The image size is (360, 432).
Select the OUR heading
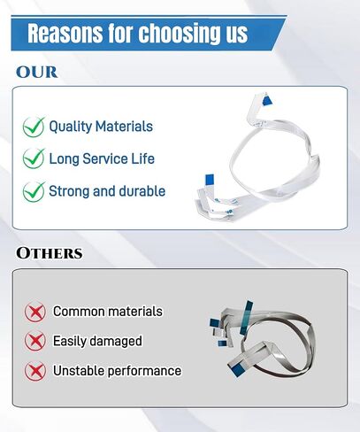(36, 73)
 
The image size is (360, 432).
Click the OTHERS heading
(50, 253)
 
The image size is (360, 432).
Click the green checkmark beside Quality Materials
(34, 127)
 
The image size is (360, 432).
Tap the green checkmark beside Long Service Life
(34, 158)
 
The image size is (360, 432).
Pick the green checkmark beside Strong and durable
(34, 191)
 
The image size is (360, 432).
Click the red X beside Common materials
(35, 312)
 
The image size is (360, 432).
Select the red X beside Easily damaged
(35, 341)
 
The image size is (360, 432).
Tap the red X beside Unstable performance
(35, 371)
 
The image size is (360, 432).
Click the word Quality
(71, 127)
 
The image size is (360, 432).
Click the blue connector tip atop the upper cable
(267, 99)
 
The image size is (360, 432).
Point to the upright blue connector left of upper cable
(210, 179)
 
